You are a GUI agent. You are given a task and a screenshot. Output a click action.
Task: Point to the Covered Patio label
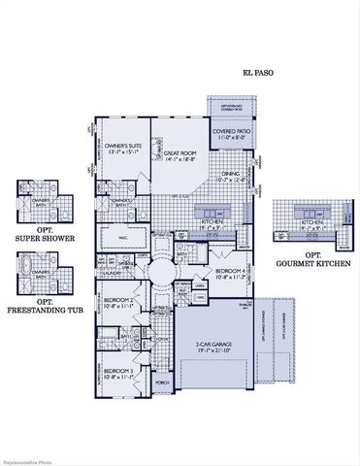232,132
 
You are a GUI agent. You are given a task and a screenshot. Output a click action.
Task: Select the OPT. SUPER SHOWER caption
40,234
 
